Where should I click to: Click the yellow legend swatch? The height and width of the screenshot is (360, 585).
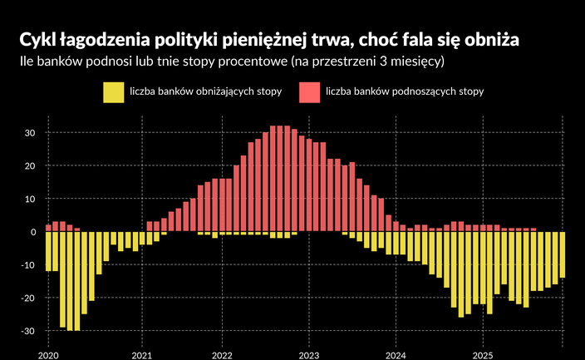click(112, 91)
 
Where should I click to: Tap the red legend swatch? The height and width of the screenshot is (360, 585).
click(309, 91)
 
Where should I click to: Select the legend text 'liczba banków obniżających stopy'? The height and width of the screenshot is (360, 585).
click(205, 91)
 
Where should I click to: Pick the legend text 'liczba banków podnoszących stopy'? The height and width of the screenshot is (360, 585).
click(405, 91)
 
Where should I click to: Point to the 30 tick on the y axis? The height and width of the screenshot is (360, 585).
click(29, 133)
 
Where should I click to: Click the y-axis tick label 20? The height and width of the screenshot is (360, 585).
click(29, 166)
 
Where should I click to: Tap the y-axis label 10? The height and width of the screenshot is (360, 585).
click(29, 200)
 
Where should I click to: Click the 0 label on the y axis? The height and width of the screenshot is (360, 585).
click(32, 232)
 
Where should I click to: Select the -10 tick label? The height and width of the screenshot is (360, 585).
click(27, 265)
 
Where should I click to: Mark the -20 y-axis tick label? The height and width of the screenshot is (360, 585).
click(27, 298)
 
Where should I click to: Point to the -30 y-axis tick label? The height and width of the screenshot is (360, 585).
click(27, 332)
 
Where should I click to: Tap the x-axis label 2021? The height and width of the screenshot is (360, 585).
click(141, 353)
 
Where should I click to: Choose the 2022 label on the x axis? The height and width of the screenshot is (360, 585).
click(222, 353)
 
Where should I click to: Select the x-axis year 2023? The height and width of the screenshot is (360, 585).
click(308, 353)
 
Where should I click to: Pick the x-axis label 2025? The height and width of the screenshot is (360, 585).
click(482, 353)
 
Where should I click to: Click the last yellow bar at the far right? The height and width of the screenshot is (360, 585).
click(562, 254)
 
